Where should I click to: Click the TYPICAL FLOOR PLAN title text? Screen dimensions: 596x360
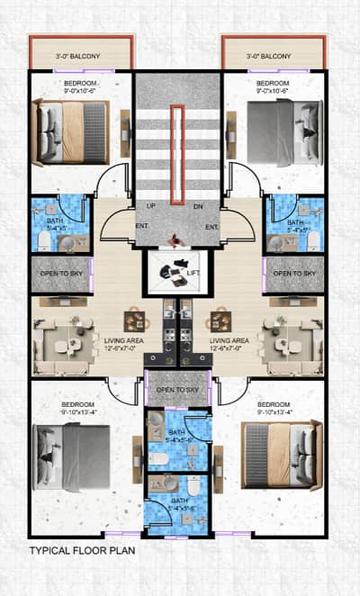[82, 548]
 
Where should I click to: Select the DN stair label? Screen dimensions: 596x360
[199, 206]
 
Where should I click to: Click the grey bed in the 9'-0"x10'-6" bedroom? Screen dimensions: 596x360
[283, 131]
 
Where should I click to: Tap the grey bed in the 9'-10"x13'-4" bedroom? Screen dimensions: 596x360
[72, 456]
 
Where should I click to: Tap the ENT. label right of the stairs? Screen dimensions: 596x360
[212, 227]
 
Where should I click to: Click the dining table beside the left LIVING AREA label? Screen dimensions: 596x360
[136, 320]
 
